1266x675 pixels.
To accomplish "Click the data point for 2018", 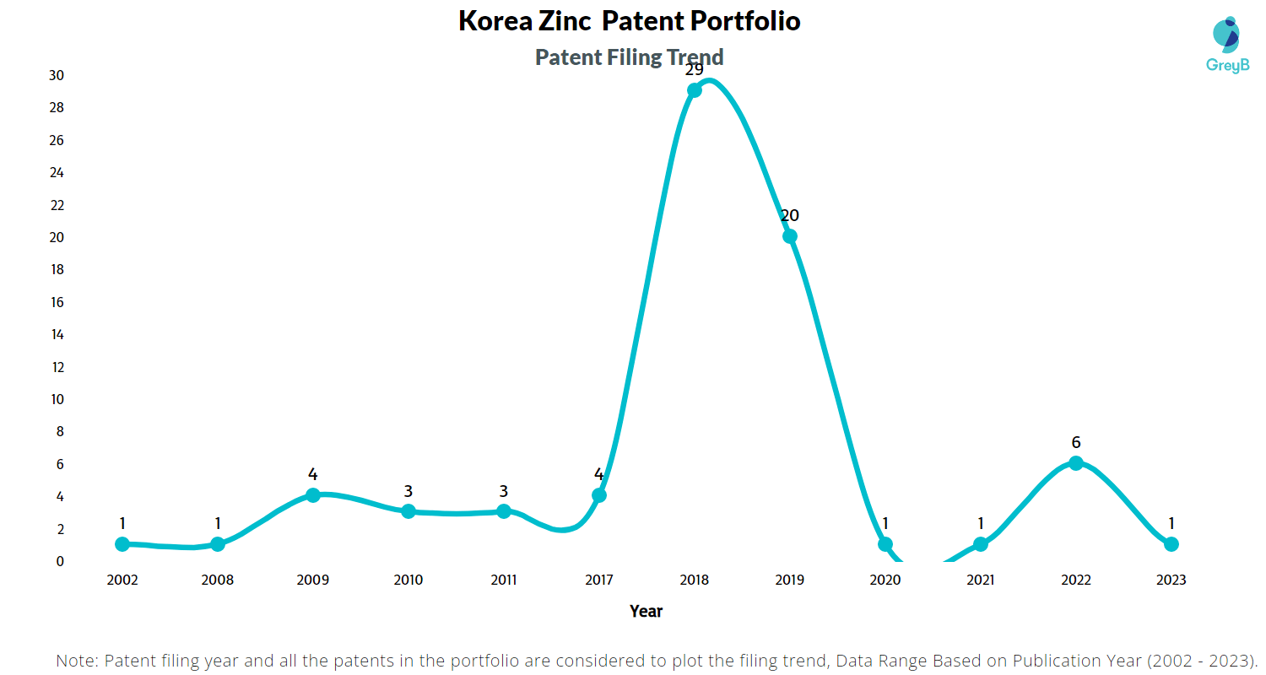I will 694,90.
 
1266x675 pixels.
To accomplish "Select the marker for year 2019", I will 789,236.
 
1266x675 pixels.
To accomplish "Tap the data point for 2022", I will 1075,463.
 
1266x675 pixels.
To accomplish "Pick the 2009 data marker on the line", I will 313,495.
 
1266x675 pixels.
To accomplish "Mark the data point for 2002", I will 122,544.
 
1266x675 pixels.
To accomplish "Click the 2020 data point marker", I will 885,544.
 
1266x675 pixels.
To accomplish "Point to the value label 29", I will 694,69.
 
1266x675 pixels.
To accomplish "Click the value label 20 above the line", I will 789,215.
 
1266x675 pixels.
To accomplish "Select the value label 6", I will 1075,442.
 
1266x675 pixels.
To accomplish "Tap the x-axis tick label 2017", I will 599,580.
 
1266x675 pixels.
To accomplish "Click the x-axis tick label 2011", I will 504,580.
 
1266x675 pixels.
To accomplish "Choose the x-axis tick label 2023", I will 1171,580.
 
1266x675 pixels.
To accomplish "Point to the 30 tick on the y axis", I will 56,75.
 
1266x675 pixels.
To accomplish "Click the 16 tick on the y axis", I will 56,302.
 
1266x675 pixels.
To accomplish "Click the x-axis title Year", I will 646,611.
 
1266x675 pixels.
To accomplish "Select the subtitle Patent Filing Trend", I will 630,57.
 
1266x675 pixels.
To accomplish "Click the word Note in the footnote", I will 76,660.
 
